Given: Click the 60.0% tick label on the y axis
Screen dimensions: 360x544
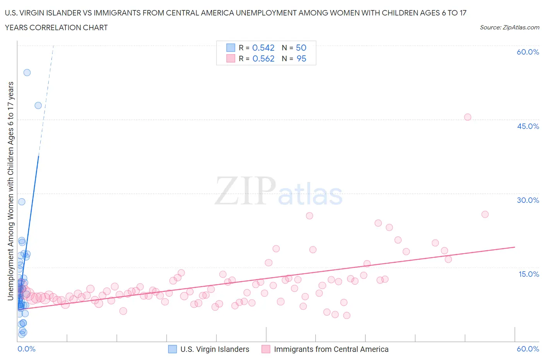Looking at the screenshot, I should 528,52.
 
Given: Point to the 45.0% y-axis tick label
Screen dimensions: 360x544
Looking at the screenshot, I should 528,126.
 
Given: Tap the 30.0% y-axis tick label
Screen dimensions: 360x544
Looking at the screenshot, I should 528,200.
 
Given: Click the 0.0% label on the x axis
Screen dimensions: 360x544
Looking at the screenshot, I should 26,349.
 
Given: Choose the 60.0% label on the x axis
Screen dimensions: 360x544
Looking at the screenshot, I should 528,349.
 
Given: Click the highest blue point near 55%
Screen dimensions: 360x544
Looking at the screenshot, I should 27,72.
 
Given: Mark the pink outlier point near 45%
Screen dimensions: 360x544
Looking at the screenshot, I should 467,117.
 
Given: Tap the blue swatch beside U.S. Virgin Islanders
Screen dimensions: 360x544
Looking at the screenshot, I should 172,349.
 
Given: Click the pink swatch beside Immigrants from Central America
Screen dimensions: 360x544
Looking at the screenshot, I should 266,349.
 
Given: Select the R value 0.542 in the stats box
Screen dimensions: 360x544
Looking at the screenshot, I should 263,48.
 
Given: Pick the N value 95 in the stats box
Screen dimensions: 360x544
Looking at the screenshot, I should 301,58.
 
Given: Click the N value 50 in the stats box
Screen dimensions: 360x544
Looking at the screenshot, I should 301,48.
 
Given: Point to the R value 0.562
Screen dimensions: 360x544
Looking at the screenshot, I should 263,58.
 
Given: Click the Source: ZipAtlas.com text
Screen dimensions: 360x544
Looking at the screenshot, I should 509,27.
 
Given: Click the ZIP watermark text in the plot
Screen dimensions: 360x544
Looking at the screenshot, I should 245,191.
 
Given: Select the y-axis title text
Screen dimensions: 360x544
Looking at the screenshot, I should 10,191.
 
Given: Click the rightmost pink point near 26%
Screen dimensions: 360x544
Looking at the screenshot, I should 485,214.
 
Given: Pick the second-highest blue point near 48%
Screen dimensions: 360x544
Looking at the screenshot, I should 38,105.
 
